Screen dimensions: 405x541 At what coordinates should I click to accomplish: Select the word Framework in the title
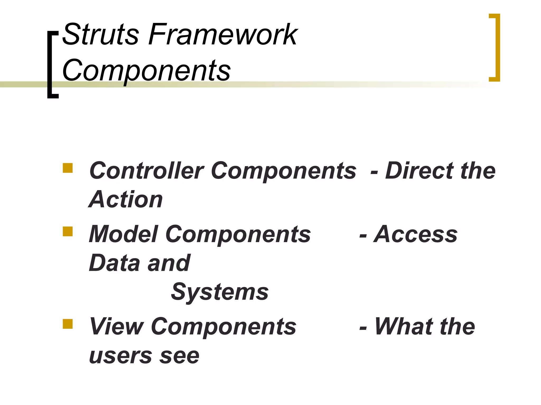tap(223, 34)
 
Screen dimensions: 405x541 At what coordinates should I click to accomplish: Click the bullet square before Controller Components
tap(68, 168)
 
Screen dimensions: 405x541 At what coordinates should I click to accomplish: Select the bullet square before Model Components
tap(68, 231)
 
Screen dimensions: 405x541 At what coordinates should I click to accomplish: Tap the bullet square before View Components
tap(68, 324)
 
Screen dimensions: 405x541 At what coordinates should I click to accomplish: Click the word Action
tap(126, 200)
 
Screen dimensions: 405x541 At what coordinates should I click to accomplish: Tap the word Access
tap(416, 234)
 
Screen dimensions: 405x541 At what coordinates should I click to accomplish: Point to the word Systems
tap(220, 292)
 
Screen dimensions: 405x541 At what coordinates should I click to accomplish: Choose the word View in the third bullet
tap(116, 327)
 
